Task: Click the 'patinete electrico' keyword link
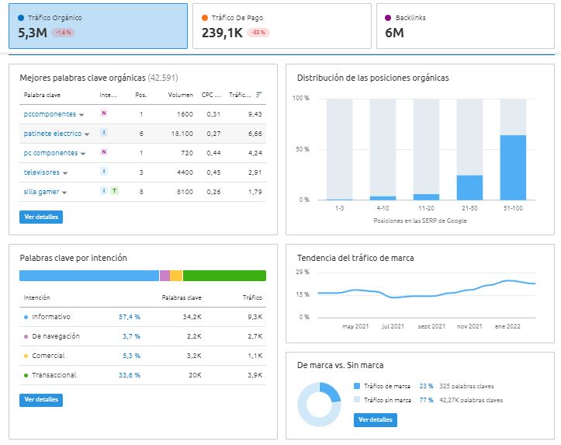click(53, 134)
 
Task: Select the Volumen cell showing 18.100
click(182, 134)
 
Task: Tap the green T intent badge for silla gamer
click(114, 191)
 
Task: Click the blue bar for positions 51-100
click(513, 168)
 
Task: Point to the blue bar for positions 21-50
click(469, 188)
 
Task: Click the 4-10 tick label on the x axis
click(383, 208)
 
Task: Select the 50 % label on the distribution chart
click(303, 149)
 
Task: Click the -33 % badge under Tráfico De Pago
click(258, 33)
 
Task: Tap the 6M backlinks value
click(394, 33)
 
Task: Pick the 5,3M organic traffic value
click(33, 33)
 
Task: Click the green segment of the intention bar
click(224, 276)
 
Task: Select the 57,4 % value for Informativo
click(130, 317)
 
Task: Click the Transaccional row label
click(54, 375)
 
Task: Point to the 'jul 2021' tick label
click(393, 326)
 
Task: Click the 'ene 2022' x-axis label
click(507, 326)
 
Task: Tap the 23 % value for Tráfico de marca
click(426, 386)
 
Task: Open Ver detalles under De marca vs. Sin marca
click(376, 419)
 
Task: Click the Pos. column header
click(141, 95)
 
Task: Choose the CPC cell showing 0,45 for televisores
click(213, 172)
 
